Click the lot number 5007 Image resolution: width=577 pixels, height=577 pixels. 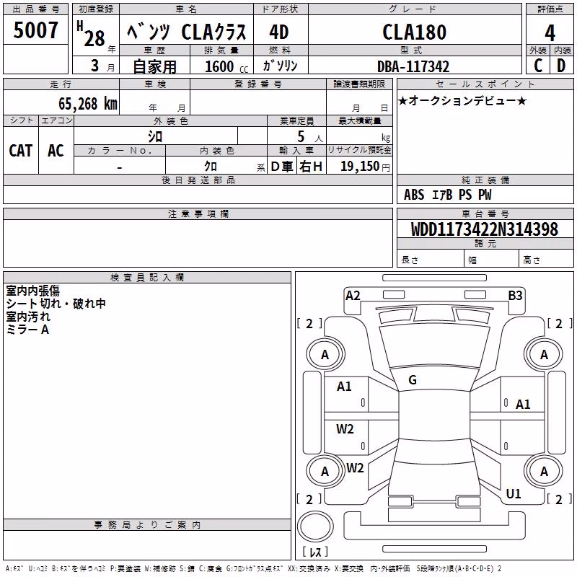pyautogui.click(x=35, y=30)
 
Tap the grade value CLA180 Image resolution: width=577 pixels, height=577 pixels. pyautogui.click(x=414, y=32)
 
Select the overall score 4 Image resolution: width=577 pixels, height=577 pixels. pyautogui.click(x=550, y=33)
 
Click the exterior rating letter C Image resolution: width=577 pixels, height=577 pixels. pyautogui.click(x=538, y=66)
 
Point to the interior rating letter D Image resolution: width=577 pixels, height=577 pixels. pyautogui.click(x=561, y=66)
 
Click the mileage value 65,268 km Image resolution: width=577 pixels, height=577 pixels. pyautogui.click(x=88, y=103)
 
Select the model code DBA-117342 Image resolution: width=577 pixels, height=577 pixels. pyautogui.click(x=413, y=66)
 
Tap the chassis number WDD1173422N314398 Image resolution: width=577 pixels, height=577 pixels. pyautogui.click(x=484, y=229)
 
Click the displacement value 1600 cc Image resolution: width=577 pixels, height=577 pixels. pyautogui.click(x=226, y=66)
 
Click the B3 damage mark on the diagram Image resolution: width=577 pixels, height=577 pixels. pyautogui.click(x=515, y=296)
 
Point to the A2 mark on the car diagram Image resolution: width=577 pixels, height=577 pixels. pyautogui.click(x=353, y=296)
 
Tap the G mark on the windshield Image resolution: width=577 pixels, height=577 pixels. pyautogui.click(x=413, y=380)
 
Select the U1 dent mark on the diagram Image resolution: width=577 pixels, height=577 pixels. pyautogui.click(x=514, y=494)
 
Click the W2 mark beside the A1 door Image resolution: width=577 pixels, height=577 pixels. pyautogui.click(x=345, y=429)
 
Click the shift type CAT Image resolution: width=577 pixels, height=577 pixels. pyautogui.click(x=21, y=151)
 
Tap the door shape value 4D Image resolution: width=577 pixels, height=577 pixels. pyautogui.click(x=279, y=32)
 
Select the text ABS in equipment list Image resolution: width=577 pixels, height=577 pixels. pyautogui.click(x=414, y=195)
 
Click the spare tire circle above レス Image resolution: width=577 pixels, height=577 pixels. pyautogui.click(x=315, y=527)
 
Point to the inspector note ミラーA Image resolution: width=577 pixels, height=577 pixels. pyautogui.click(x=27, y=330)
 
